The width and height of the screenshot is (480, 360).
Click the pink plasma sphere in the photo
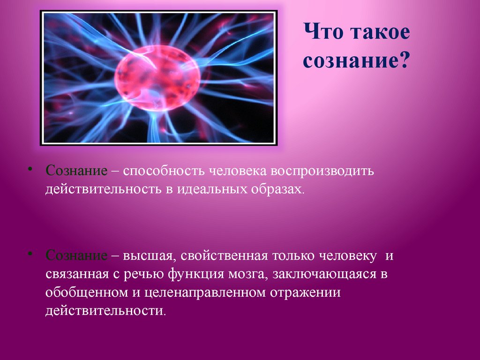pyautogui.click(x=157, y=77)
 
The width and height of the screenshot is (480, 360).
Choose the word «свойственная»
pyautogui.click(x=225, y=256)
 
